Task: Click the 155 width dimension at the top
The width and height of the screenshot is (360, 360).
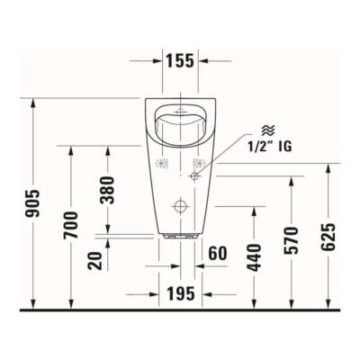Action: (x=179, y=61)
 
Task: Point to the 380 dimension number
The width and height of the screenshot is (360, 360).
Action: (x=108, y=189)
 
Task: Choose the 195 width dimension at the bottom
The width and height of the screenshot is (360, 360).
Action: (x=180, y=295)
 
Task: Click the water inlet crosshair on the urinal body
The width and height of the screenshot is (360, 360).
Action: (x=193, y=177)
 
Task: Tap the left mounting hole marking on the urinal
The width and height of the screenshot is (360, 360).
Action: (x=163, y=164)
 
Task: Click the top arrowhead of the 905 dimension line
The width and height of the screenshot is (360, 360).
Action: (x=35, y=100)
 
